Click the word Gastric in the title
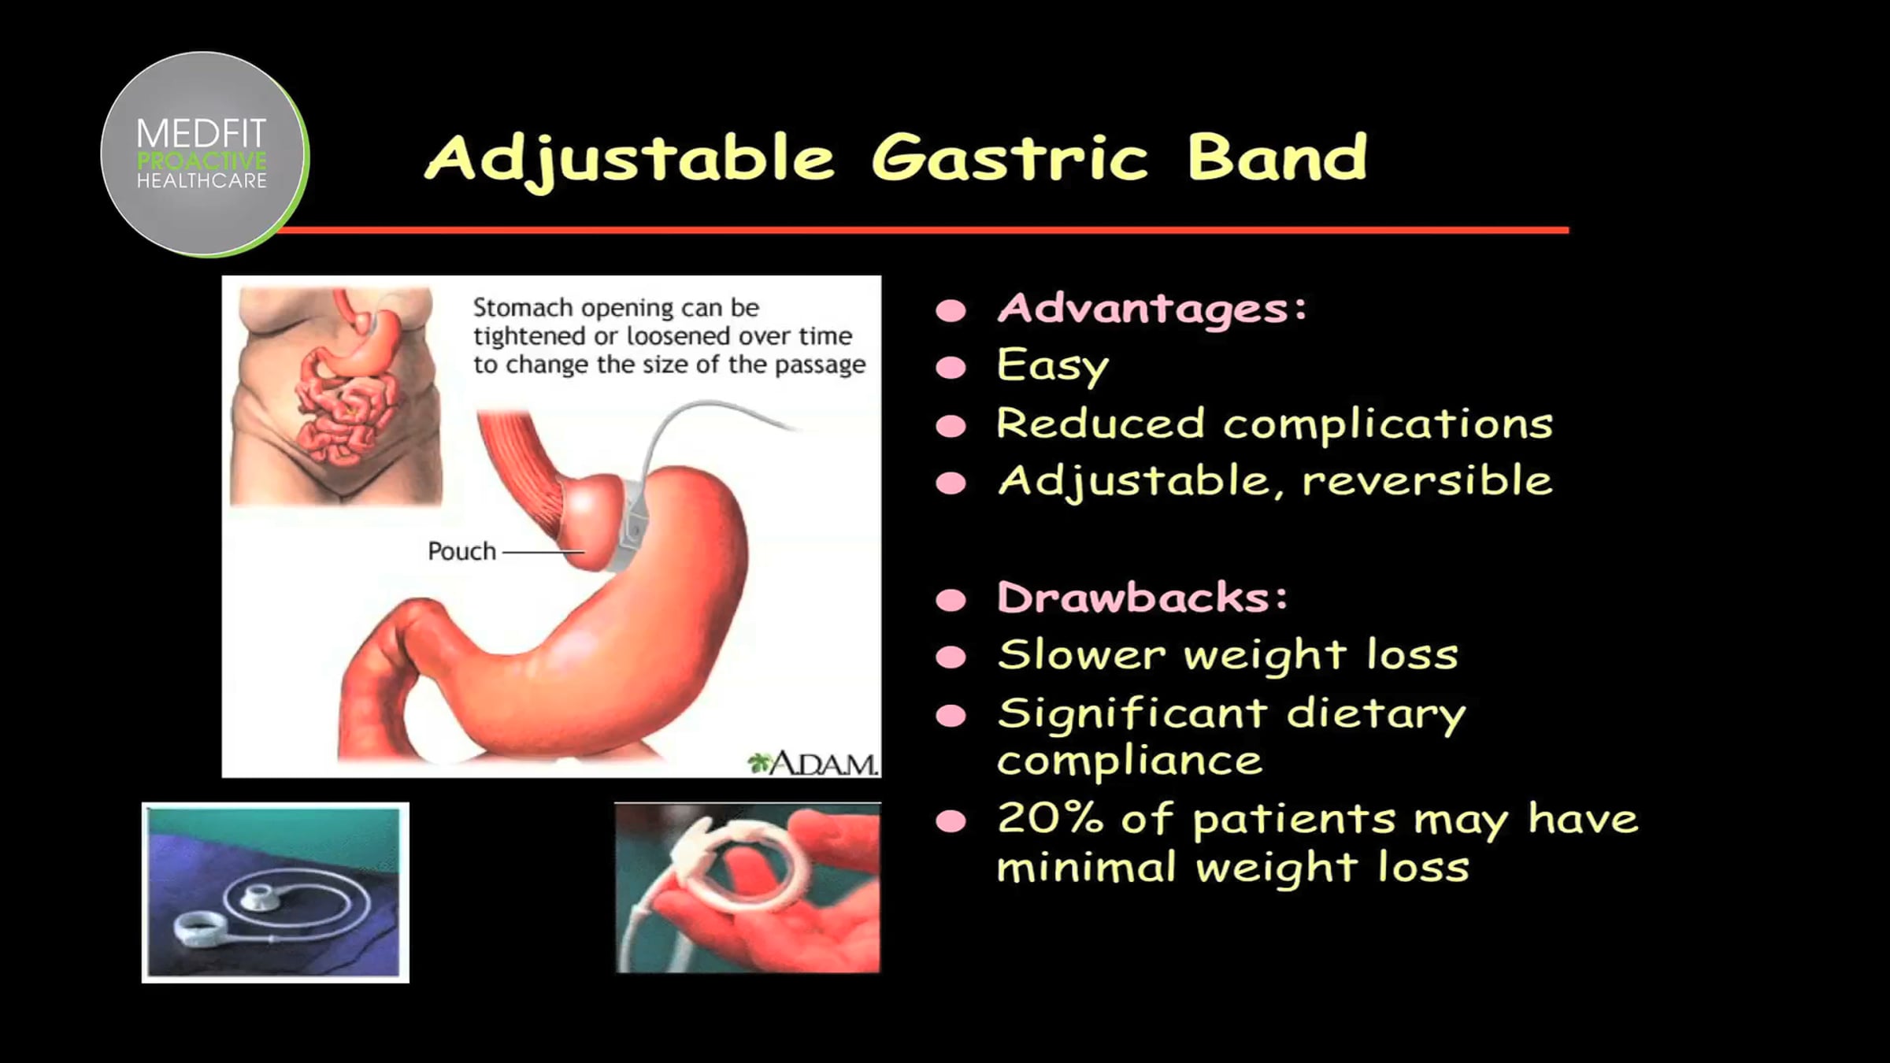1010,158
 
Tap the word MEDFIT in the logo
202,133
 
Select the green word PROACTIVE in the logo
202,161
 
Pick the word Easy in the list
1053,366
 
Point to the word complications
1388,425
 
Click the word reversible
1427,480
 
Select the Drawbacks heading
1143,597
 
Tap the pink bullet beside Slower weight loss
951,657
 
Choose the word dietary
1376,715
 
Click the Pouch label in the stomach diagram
461,551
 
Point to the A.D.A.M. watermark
813,763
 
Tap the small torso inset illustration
335,395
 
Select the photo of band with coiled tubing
276,892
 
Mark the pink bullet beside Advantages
951,311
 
